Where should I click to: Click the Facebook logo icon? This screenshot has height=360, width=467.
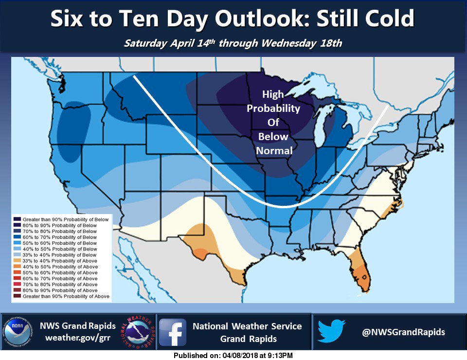(173, 332)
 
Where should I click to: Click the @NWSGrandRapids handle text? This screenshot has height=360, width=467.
(403, 332)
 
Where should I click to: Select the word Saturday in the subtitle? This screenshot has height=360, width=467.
(144, 43)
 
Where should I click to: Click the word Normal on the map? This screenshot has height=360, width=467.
(274, 151)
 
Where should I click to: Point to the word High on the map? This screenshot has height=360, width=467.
(273, 95)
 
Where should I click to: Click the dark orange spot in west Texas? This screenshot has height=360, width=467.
(200, 253)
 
